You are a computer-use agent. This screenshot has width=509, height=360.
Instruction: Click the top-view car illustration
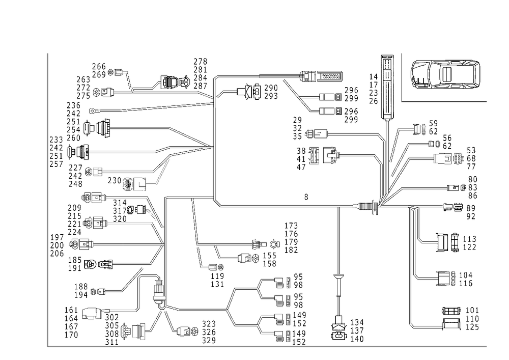click(x=446, y=76)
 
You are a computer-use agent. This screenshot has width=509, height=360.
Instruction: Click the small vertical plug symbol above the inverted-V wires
click(x=158, y=286)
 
